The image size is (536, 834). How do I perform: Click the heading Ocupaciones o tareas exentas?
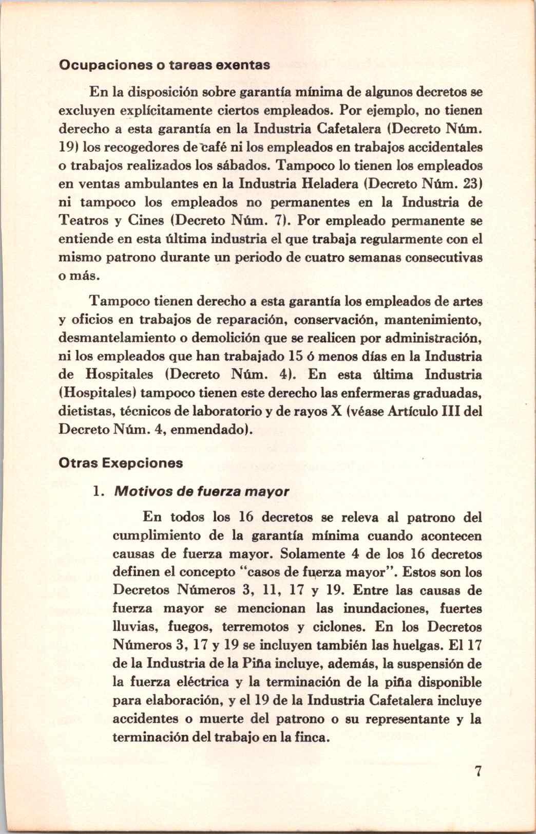click(x=164, y=65)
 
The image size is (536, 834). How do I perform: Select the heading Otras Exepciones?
click(x=121, y=462)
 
